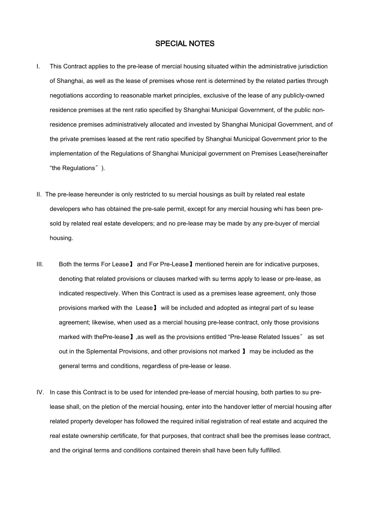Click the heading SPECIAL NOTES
pos(185,44)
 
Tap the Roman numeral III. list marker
pos(40,264)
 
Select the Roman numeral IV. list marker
pos(40,392)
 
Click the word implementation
pos(69,153)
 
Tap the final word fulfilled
pos(271,450)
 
